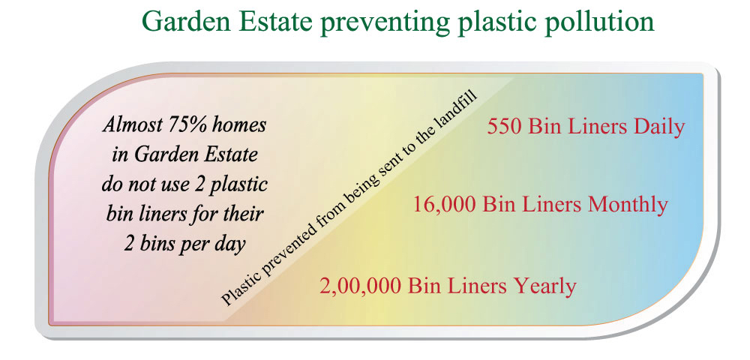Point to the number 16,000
(x=445, y=205)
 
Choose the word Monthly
(x=628, y=205)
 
